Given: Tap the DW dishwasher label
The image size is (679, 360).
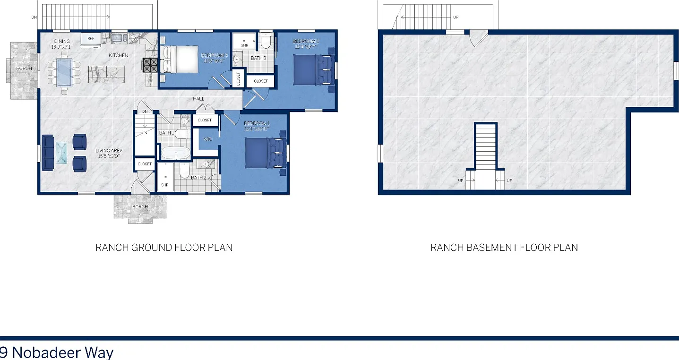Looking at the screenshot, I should (x=134, y=39).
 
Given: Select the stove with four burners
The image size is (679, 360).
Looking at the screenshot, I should (x=150, y=65).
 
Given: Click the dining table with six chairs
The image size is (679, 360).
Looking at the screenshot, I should (x=64, y=72).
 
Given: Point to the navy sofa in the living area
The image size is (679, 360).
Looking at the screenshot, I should (x=48, y=153).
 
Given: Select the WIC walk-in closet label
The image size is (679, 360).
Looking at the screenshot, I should (x=207, y=139).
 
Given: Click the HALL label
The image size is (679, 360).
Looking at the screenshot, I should (x=198, y=99).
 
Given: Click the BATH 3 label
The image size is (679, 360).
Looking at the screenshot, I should (x=258, y=58).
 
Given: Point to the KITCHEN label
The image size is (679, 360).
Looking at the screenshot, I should (x=118, y=55).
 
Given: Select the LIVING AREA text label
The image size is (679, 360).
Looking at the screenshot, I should (x=109, y=151).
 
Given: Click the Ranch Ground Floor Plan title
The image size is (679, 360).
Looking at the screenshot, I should (x=164, y=248).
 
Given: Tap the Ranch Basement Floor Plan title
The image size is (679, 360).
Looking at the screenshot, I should (x=504, y=248).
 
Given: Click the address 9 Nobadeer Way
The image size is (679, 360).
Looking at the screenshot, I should (x=57, y=352).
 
